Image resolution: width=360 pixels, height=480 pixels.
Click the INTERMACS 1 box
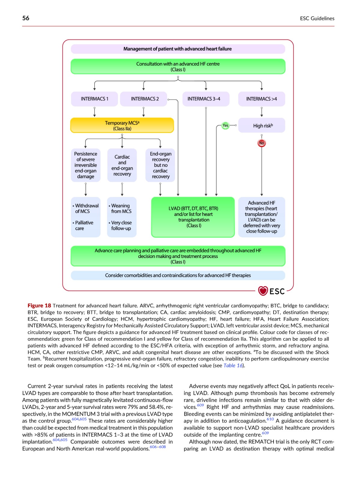[x=94, y=99]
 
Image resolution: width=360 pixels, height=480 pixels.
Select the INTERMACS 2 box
[x=143, y=99]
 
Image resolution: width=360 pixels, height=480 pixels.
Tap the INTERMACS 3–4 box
[x=206, y=99]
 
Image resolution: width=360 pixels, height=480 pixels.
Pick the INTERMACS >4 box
[x=262, y=99]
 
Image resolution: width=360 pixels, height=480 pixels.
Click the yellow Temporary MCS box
[x=122, y=125]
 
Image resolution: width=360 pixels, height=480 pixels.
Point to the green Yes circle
[x=225, y=125]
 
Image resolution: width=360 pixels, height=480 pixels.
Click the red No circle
[x=262, y=143]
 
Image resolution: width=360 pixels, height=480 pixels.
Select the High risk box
[x=262, y=125]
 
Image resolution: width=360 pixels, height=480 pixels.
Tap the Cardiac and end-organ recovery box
[x=122, y=165]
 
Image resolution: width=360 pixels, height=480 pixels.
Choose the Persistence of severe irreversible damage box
[x=86, y=165]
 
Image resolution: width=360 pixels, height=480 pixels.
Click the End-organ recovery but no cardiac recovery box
[x=160, y=165]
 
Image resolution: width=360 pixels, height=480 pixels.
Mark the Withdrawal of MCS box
[x=86, y=217]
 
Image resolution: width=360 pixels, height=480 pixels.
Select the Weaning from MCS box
[x=122, y=217]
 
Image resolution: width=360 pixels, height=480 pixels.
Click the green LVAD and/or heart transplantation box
[x=193, y=217]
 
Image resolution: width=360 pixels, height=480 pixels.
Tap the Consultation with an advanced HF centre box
[x=178, y=67]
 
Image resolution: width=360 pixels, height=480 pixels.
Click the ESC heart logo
[x=263, y=291]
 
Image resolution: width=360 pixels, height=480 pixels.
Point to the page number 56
[x=26, y=18]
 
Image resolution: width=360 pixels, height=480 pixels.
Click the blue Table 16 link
[x=233, y=365]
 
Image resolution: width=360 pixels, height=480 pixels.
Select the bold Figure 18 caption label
[x=39, y=305]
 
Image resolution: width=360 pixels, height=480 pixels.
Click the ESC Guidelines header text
[x=317, y=18]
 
